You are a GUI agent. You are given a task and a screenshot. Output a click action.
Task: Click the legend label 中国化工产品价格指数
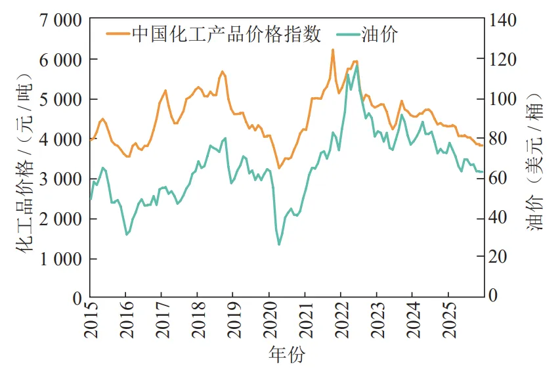(226, 34)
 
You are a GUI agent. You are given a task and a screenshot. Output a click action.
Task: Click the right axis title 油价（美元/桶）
(538, 158)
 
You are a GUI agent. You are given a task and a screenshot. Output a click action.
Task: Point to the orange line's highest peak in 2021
(333, 50)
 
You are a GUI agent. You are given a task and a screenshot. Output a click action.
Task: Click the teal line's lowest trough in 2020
(278, 245)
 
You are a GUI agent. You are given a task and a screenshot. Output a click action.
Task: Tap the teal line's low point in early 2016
(126, 234)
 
